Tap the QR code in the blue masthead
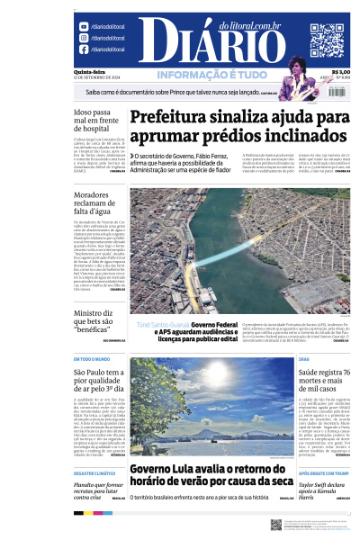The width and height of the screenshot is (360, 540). pyautogui.click(x=327, y=40)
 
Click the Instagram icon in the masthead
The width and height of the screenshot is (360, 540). pyautogui.click(x=83, y=39)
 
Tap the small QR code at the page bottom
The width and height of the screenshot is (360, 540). pyautogui.click(x=275, y=525)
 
